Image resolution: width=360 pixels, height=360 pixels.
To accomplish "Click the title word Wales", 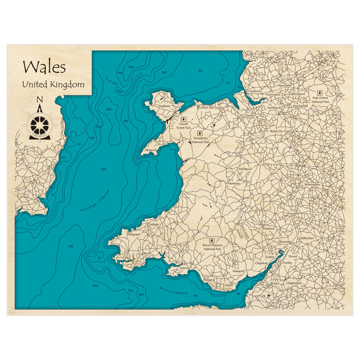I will pos(44,67).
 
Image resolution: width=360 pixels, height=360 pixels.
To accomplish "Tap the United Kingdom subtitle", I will pos(53,85).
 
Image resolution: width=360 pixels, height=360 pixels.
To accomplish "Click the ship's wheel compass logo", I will pos(40,124).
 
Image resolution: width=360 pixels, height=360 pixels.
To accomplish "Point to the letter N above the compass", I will pos(40,100).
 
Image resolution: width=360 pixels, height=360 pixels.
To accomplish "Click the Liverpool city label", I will pos(254,91).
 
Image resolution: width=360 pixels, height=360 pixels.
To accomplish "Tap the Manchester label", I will pos(284,86).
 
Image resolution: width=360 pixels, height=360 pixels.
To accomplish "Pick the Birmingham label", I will pos(312,184).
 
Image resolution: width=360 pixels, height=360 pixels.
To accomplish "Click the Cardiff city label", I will pos(229,285).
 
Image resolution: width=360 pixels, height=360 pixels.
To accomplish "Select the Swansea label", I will pos(185,268).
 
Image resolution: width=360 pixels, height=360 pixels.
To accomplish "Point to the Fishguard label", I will pos(134,234).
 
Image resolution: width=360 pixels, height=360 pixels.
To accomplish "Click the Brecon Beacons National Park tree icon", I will pos(212,240).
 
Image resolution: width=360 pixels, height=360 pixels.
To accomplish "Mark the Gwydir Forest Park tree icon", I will pos(183,119).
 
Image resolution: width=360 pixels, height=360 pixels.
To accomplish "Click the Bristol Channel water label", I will pos(174,291).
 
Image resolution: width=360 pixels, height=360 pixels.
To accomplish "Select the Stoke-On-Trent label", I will pos(280,131).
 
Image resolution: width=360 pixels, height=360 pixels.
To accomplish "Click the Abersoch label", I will pos(150,150).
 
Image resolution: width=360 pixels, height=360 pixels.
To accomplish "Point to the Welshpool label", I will pos(245,168).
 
